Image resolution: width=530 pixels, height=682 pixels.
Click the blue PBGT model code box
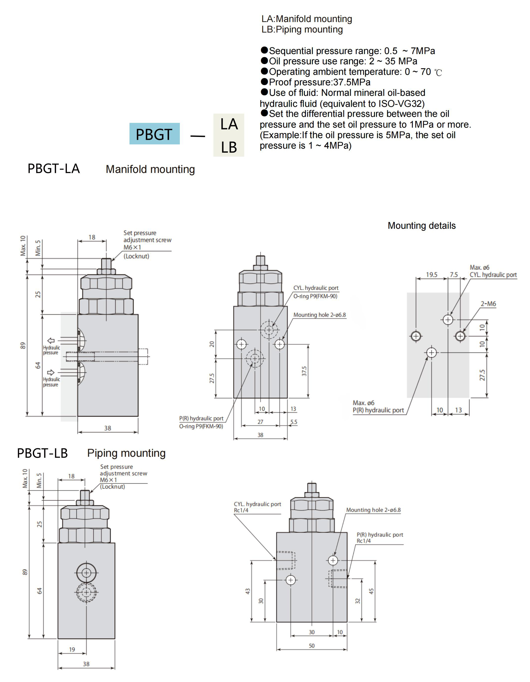[154, 134]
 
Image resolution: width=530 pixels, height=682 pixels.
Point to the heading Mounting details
[421, 225]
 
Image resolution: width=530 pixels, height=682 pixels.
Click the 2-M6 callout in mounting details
[488, 304]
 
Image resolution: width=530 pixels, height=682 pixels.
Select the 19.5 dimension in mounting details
[432, 275]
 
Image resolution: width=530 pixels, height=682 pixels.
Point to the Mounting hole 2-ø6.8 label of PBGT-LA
[319, 315]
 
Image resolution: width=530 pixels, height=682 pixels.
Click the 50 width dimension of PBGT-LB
[312, 645]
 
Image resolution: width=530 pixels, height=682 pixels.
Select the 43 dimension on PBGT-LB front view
[247, 591]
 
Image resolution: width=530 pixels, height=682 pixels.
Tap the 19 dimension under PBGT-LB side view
[72, 649]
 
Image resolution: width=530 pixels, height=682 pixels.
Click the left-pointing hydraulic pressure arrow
[51, 340]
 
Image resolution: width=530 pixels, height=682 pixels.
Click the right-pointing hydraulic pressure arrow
[51, 372]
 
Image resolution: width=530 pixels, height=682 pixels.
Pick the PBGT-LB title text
[42, 453]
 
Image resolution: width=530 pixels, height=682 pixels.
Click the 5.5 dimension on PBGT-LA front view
[294, 422]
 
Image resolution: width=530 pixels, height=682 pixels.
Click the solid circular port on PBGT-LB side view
[86, 572]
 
